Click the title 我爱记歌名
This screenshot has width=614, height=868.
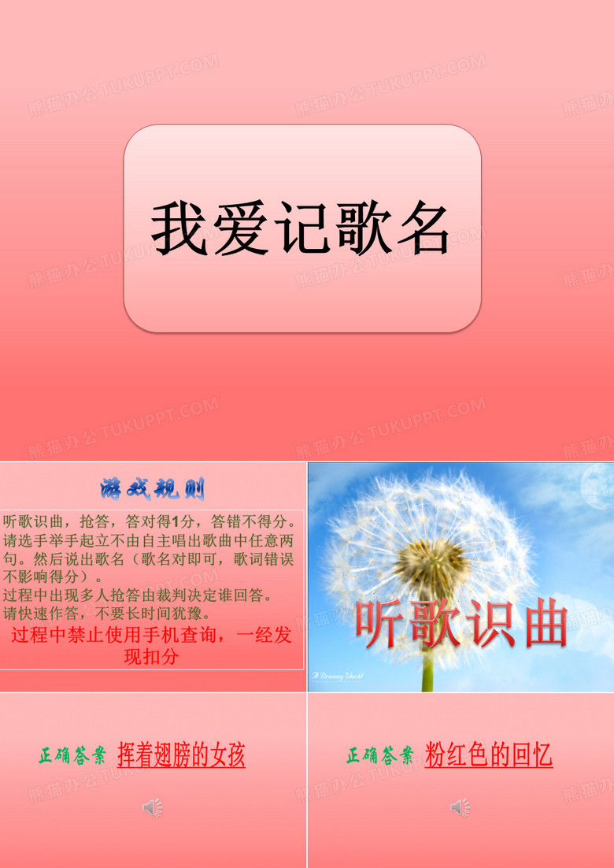(301, 228)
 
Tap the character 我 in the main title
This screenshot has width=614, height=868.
(179, 228)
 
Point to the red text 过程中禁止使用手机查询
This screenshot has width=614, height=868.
(123, 636)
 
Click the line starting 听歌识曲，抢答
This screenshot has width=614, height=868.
(150, 521)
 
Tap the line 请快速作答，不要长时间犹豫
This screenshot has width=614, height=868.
(107, 613)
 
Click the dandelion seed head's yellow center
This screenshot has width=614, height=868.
(425, 564)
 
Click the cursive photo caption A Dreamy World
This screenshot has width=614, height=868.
(337, 676)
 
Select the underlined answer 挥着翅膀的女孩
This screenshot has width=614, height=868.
(181, 756)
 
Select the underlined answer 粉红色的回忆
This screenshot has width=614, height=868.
(488, 756)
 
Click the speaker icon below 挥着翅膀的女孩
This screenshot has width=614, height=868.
(152, 807)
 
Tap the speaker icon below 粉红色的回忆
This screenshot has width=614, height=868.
(459, 807)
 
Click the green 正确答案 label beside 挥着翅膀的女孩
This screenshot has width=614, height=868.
(72, 757)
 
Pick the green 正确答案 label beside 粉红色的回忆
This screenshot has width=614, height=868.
(379, 757)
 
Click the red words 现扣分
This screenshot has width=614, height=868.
(151, 656)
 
